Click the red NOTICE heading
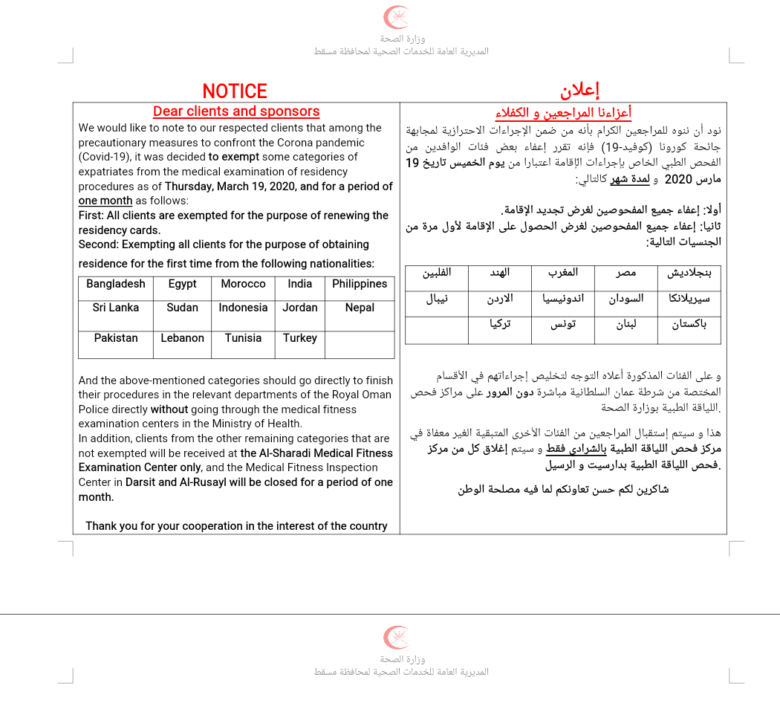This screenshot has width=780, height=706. [235, 91]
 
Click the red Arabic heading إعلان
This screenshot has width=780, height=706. [579, 91]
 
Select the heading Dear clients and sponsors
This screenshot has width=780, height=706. [236, 111]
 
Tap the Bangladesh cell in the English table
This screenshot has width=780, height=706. [116, 284]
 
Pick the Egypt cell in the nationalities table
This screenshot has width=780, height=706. [182, 284]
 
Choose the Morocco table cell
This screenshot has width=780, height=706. [243, 284]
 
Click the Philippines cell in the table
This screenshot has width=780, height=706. [360, 284]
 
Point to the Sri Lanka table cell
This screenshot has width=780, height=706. [116, 308]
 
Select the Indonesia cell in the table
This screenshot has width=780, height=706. [243, 308]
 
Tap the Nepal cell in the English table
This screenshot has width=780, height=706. [360, 308]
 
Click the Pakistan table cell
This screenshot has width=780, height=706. [116, 338]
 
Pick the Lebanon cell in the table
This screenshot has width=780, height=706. [182, 338]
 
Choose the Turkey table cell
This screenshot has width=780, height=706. [300, 338]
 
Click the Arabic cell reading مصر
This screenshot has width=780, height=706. [625, 273]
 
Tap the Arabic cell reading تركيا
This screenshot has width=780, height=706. [499, 325]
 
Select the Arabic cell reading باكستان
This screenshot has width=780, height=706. [689, 325]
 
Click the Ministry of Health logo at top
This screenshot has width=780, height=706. [396, 17]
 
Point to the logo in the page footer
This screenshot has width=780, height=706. [396, 638]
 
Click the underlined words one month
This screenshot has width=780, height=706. [105, 201]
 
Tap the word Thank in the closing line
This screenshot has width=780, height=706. [101, 526]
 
